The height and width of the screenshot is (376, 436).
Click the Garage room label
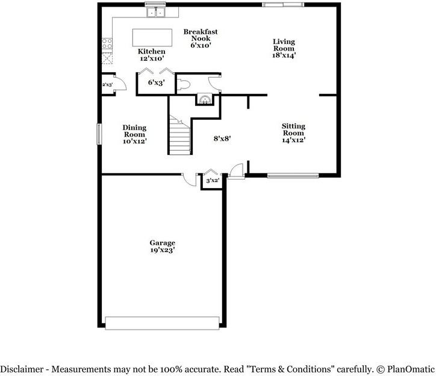coord(163,243)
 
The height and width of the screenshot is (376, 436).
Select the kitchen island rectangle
coord(152,37)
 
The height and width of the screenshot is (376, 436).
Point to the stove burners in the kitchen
coord(108,43)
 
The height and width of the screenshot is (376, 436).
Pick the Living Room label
coord(284,45)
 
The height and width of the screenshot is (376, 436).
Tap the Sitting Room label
coord(293,130)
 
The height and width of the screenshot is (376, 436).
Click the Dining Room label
coord(134,131)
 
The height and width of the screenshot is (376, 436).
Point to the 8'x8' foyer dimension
coord(222,138)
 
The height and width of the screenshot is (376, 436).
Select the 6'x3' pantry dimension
coord(156,83)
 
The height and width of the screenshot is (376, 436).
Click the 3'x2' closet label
coord(212,180)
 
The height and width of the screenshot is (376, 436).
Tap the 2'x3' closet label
coord(107,85)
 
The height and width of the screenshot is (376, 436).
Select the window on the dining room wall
coord(100,134)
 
